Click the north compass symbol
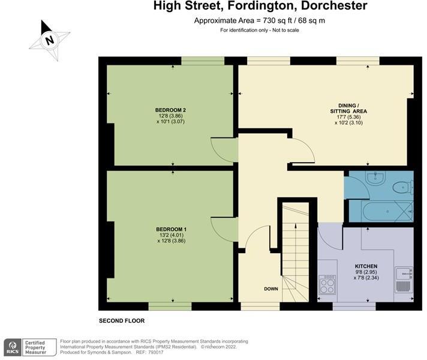49,41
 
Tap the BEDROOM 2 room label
170,110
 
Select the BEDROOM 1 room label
170,229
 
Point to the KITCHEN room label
366,266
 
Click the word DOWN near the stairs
271,289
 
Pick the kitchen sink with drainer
404,280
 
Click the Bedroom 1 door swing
223,228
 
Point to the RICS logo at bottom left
12,347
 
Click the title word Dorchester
333,6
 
